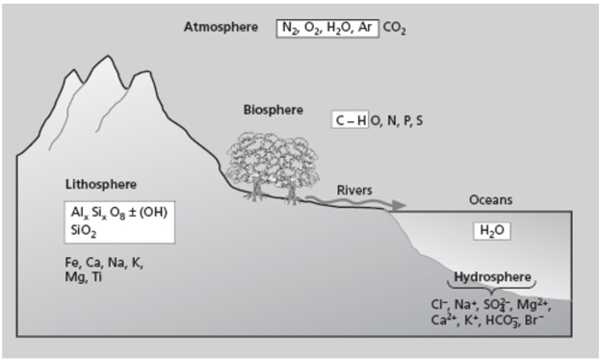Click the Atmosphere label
[x=222, y=27]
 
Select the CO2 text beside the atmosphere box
[x=395, y=29]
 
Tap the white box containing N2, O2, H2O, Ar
[x=327, y=28]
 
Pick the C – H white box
[x=350, y=121]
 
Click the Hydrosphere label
[x=492, y=277]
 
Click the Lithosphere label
[x=100, y=183]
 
